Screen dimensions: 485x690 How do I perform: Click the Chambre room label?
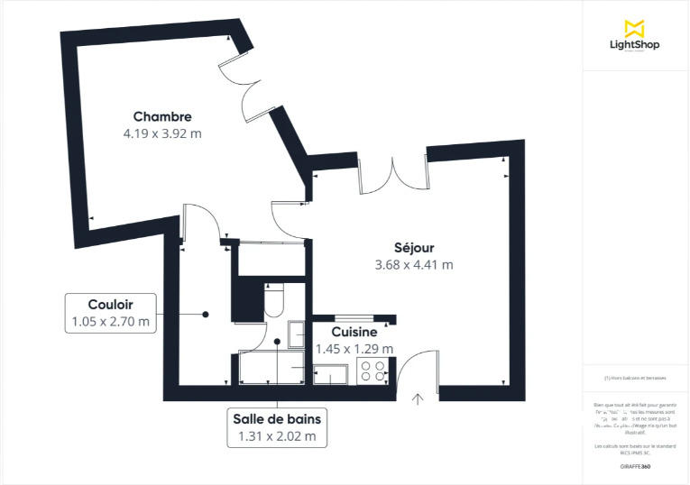coord(162,116)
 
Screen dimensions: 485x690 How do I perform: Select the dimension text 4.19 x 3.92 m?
coord(162,133)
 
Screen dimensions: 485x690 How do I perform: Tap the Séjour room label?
coord(414,248)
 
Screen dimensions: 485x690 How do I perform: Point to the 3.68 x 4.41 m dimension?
coord(414,265)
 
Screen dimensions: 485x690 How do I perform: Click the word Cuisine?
coord(354,333)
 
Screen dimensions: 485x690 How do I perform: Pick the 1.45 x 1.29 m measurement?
coord(354,349)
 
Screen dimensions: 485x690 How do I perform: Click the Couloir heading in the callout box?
coord(111,304)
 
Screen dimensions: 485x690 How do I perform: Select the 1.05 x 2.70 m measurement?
coord(111,321)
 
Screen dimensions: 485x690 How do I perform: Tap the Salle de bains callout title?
coord(277,419)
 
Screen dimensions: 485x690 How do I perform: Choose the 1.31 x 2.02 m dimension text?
coord(277,436)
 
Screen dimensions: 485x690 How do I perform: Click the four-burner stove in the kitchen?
coord(373,371)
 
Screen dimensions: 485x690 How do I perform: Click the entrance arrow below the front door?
coord(418,398)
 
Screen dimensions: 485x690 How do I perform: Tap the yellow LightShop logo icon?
coord(635,27)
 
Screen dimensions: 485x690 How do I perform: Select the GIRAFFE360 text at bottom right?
coord(634,466)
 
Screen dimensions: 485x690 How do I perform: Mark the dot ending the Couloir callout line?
coord(206,314)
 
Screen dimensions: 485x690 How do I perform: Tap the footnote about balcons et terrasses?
coord(635,378)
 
